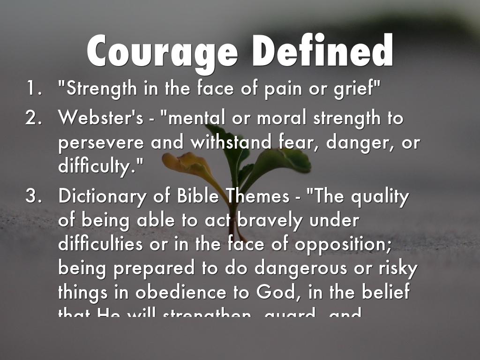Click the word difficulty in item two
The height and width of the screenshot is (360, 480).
(98, 166)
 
